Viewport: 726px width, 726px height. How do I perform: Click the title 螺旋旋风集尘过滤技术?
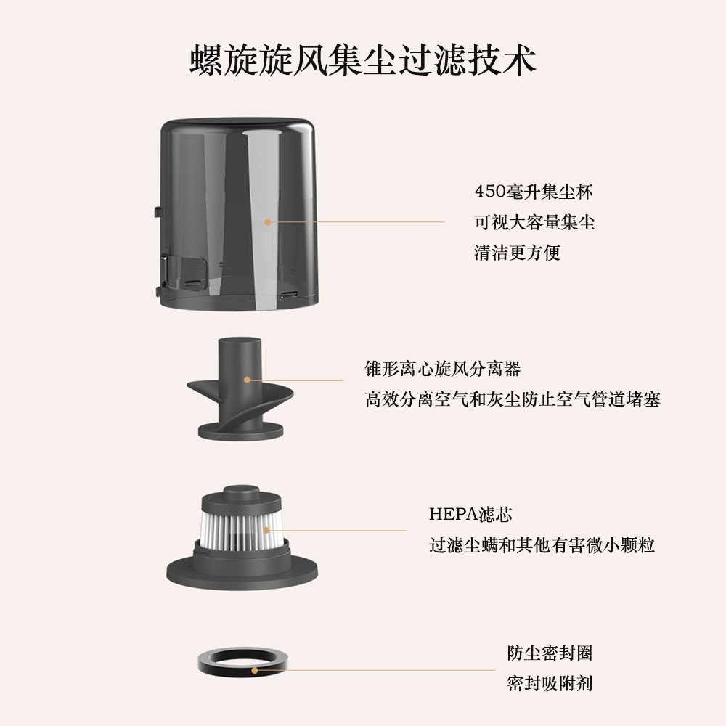pos(362,60)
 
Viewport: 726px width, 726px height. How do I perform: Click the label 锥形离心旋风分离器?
pos(443,369)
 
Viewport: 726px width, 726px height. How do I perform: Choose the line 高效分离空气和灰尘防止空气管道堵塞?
pos(512,399)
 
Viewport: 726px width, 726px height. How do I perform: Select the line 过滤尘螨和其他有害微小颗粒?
pos(542,544)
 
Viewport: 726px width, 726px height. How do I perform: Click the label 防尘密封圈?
pos(550,653)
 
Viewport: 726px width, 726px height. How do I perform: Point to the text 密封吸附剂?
pos(550,683)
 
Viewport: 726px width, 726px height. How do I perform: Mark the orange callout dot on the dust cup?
pos(267,222)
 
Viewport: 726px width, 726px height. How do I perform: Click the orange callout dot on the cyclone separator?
pos(247,379)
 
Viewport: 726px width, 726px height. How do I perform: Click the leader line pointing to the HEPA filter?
pos(348,530)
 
